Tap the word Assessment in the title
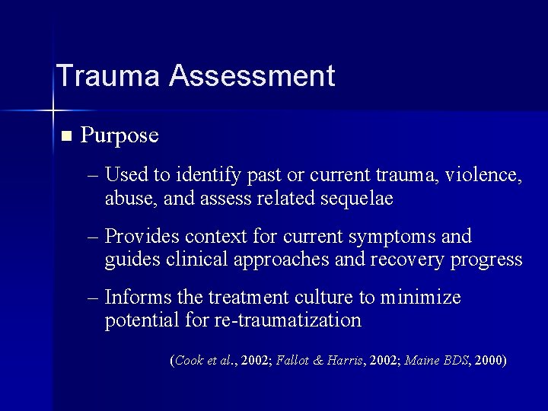tap(252, 76)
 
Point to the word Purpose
tap(119, 135)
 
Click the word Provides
tap(142, 236)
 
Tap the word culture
tap(309, 297)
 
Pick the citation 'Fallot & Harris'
tap(330, 361)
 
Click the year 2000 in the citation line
tap(488, 361)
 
